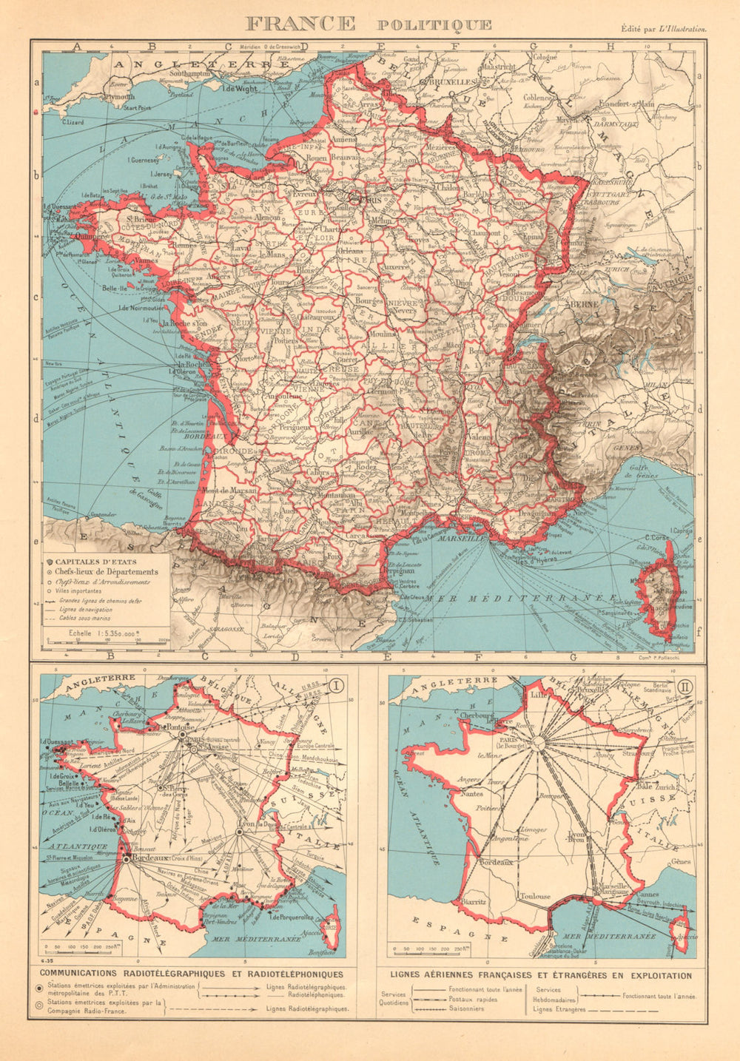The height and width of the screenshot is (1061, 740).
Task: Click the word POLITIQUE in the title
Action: tap(434, 24)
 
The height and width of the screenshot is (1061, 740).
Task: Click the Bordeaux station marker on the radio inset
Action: tap(127, 860)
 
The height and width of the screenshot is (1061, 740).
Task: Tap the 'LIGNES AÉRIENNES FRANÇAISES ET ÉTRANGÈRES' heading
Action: tap(534, 976)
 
